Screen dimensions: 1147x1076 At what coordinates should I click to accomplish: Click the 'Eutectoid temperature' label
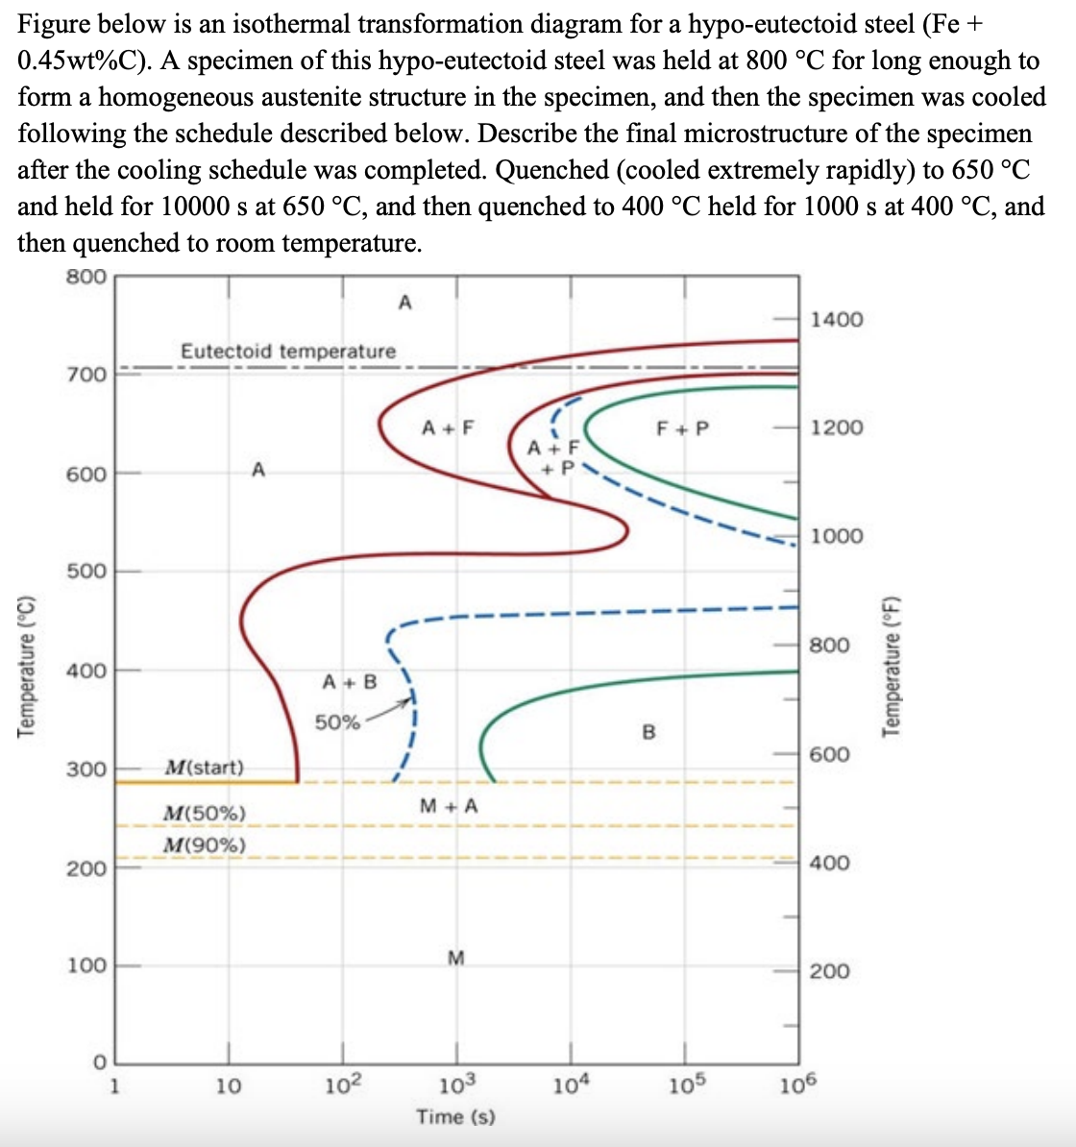pyautogui.click(x=288, y=352)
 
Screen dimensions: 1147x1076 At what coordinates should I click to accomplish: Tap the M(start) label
pyautogui.click(x=205, y=768)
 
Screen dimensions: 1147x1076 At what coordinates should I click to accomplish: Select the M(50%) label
pyautogui.click(x=205, y=814)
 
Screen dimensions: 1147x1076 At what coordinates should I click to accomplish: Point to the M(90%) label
pyautogui.click(x=205, y=845)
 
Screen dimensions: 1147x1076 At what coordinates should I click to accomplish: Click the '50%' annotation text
pyautogui.click(x=337, y=722)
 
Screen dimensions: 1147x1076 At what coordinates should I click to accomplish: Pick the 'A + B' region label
pyautogui.click(x=350, y=682)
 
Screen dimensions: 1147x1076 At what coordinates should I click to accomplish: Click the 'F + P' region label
pyautogui.click(x=682, y=428)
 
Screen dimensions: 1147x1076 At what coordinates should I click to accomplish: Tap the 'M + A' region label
pyautogui.click(x=449, y=806)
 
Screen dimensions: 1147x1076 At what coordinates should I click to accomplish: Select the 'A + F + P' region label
pyautogui.click(x=554, y=456)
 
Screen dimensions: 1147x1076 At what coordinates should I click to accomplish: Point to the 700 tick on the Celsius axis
pyautogui.click(x=86, y=374)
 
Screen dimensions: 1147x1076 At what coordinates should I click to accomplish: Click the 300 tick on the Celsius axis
pyautogui.click(x=86, y=769)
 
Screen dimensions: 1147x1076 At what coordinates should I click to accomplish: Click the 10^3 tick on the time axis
pyautogui.click(x=455, y=1086)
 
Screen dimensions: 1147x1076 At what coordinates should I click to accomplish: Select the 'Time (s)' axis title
pyautogui.click(x=455, y=1116)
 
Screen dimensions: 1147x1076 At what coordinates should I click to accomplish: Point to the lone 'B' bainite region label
pyautogui.click(x=648, y=733)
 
